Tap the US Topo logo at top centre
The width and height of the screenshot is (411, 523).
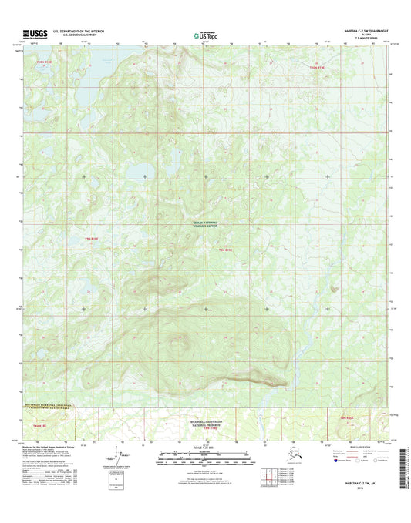[206, 35]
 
